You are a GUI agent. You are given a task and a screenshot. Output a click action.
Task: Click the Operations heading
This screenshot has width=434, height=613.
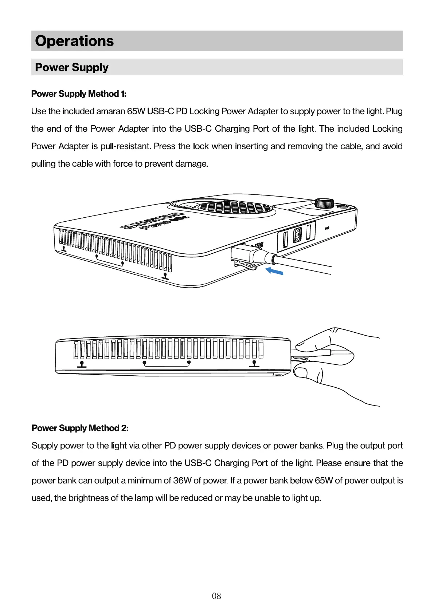pyautogui.click(x=74, y=41)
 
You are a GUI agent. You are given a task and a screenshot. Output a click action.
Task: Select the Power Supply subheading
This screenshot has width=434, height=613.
pyautogui.click(x=71, y=67)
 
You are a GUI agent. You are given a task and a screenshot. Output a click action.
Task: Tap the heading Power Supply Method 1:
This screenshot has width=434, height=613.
pyautogui.click(x=79, y=94)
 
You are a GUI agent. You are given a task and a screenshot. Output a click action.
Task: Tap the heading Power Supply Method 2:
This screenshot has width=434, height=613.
pyautogui.click(x=80, y=428)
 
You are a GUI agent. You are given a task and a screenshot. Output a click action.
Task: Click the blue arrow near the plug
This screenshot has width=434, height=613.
pyautogui.click(x=274, y=271)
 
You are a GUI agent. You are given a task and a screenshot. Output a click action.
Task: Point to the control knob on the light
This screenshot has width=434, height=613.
pyautogui.click(x=324, y=202)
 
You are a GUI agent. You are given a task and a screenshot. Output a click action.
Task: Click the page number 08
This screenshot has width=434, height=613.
pyautogui.click(x=216, y=596)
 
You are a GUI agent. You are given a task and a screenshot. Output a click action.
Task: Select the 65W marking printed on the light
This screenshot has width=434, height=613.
pyautogui.click(x=258, y=245)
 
